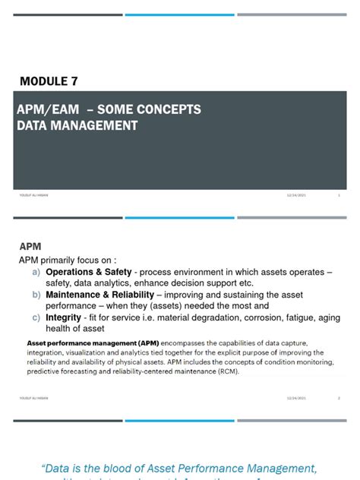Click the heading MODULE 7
(x=49, y=81)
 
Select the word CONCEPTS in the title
(x=168, y=109)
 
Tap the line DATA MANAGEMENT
(x=77, y=126)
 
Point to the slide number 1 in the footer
(x=338, y=195)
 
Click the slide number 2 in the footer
(x=338, y=397)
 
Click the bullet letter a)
(x=36, y=272)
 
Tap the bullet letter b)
(x=36, y=295)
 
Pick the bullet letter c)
(x=36, y=317)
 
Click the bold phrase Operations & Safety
(x=90, y=272)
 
